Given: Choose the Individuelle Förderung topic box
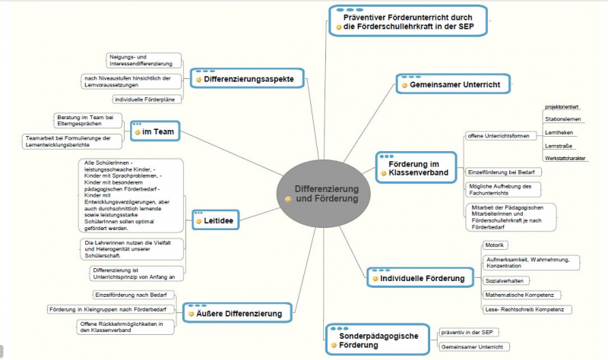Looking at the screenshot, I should click(416, 279).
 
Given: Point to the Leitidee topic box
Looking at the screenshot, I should click(218, 221).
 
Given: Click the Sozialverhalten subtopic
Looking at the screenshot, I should click(505, 280).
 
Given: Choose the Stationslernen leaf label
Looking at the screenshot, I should click(563, 119).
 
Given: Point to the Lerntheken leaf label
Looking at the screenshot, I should click(559, 132).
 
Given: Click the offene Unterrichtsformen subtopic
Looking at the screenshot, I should click(497, 137).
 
